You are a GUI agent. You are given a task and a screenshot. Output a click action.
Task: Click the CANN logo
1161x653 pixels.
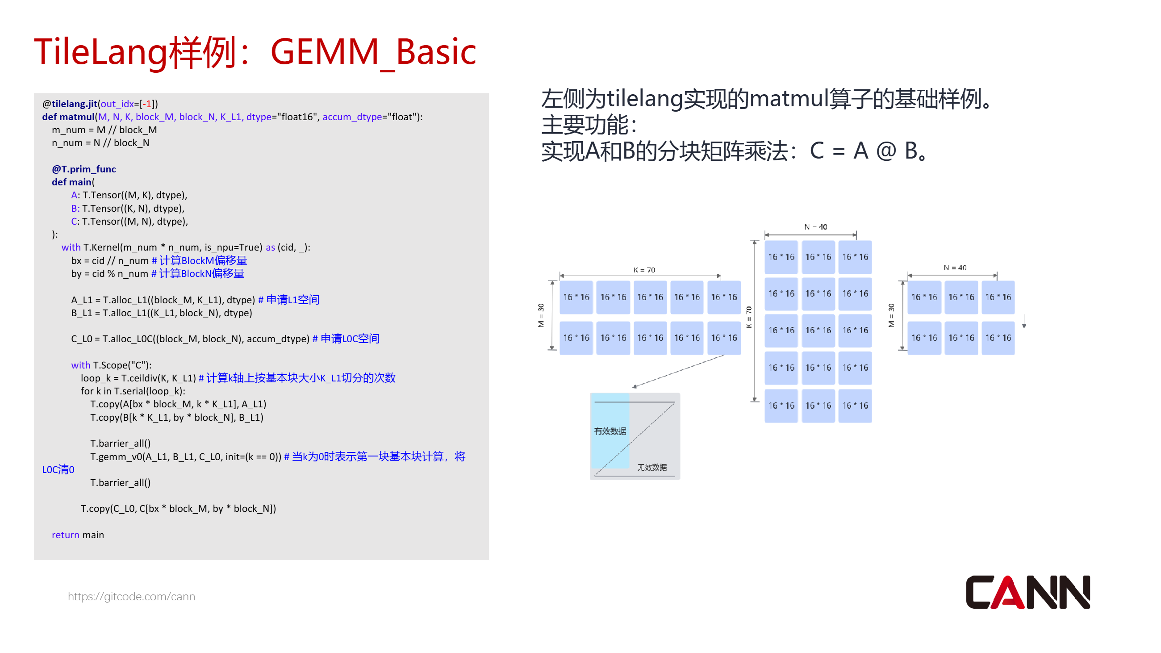[x=1027, y=592]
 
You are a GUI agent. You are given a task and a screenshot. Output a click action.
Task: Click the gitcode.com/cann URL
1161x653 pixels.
[x=131, y=596]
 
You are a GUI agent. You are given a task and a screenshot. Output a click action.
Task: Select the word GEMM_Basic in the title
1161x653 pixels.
[x=373, y=52]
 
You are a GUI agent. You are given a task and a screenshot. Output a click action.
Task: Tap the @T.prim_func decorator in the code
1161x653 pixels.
[x=84, y=169]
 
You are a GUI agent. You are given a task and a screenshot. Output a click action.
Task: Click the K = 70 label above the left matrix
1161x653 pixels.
[x=644, y=270]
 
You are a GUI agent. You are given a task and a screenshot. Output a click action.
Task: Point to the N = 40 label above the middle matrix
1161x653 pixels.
[x=816, y=227]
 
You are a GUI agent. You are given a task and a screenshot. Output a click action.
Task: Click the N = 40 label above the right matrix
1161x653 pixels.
[x=955, y=268]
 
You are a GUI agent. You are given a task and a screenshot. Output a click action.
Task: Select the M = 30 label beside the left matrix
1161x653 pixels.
[x=541, y=315]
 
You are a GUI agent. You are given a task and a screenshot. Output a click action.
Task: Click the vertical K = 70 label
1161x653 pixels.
[x=749, y=317]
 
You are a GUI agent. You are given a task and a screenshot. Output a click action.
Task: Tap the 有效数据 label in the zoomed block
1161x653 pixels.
[x=610, y=431]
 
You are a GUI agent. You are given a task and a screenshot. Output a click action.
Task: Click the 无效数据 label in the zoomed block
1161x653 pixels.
[x=651, y=467]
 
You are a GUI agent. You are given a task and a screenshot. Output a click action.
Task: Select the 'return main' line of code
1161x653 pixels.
[x=78, y=535]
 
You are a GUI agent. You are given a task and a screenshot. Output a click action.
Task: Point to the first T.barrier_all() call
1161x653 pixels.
[x=120, y=444]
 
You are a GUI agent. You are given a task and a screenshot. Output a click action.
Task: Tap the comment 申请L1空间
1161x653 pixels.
[x=292, y=300]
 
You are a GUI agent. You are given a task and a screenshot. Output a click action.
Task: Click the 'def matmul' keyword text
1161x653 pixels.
[x=68, y=117]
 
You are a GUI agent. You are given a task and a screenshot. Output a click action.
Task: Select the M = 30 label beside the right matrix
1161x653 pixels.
[x=891, y=315]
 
